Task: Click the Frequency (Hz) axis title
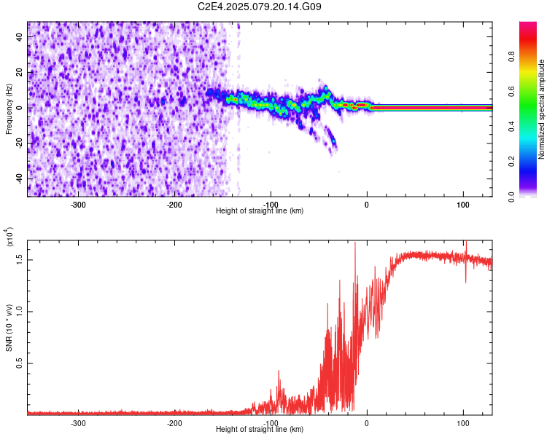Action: click(x=9, y=109)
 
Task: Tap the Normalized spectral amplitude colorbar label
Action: click(x=542, y=109)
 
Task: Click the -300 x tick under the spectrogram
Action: click(x=78, y=204)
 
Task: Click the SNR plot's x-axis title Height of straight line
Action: click(x=260, y=430)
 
